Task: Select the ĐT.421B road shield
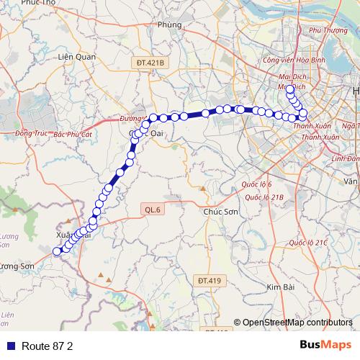click(150, 63)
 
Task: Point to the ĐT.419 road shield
click(210, 280)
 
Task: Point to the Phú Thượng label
click(328, 30)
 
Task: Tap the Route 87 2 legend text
click(48, 346)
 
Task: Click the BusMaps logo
click(325, 345)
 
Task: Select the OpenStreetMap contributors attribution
click(297, 323)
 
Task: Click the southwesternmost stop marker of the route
click(57, 251)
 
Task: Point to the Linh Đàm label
click(346, 158)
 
